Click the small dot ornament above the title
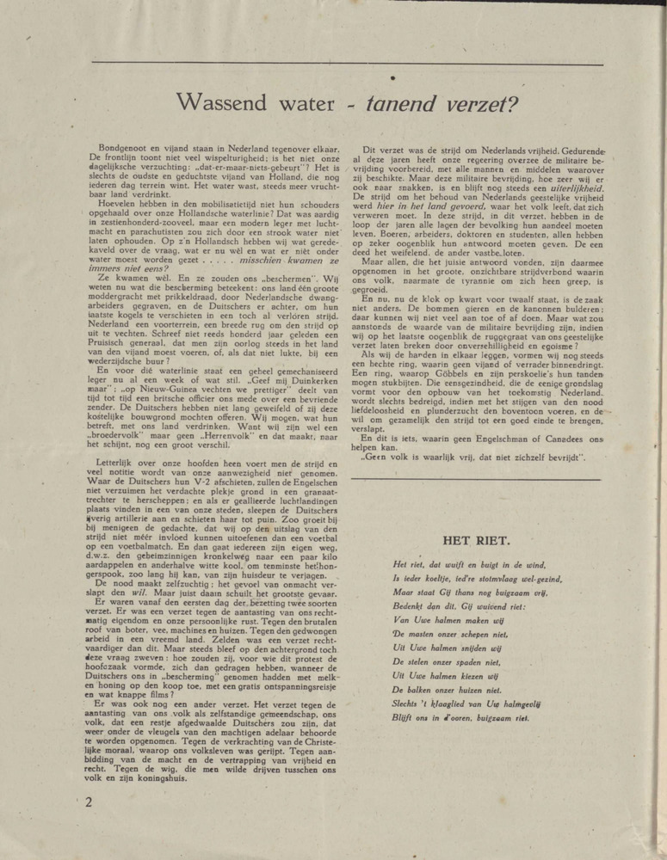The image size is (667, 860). click(392, 79)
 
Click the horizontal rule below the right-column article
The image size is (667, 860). click(479, 476)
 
